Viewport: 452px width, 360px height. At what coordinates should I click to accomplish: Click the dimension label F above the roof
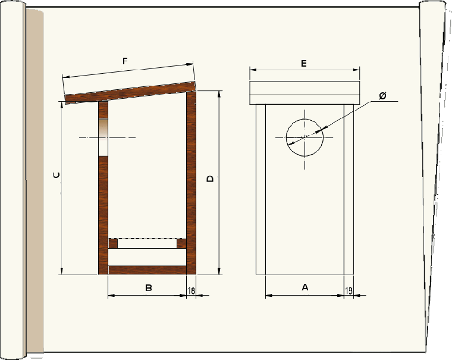(125, 61)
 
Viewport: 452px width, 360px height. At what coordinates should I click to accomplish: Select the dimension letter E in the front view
(304, 63)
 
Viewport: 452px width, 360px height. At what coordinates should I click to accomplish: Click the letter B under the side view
(149, 288)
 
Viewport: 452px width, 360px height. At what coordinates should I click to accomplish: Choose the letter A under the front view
(305, 287)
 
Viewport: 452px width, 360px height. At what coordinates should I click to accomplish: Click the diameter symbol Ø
(382, 96)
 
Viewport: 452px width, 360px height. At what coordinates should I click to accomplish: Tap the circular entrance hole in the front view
(305, 137)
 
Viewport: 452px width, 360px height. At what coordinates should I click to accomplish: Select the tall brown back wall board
(192, 179)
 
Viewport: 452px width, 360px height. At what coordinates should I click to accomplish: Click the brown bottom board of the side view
(147, 270)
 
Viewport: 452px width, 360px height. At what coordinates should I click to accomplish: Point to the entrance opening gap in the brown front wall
(103, 137)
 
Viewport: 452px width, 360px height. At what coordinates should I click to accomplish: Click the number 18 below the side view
(191, 290)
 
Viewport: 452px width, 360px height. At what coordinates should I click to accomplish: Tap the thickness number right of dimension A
(349, 290)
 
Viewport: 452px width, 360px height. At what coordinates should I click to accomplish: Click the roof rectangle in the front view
(305, 92)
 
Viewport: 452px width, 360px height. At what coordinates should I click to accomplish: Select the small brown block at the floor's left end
(113, 243)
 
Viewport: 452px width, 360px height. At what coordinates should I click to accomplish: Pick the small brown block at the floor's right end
(181, 243)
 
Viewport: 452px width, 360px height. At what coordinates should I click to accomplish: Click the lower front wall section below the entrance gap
(103, 214)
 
